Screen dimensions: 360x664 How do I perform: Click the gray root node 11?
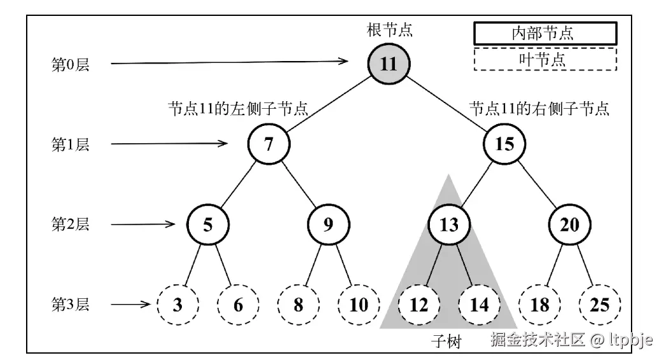tap(389, 64)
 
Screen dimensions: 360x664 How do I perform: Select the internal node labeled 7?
tap(268, 144)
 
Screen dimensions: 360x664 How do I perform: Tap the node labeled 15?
tap(504, 144)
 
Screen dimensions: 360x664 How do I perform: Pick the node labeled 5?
tap(208, 225)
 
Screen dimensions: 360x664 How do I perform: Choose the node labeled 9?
tap(328, 225)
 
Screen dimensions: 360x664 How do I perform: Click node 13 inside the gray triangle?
tap(448, 225)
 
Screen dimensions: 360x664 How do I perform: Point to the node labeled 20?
tap(569, 225)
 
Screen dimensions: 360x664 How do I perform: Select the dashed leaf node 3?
tap(178, 305)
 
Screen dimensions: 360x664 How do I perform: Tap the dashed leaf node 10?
tap(359, 305)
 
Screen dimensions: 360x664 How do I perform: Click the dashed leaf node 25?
tap(600, 305)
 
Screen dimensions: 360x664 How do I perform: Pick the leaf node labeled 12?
tap(419, 305)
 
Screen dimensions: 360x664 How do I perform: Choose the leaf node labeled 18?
tap(539, 305)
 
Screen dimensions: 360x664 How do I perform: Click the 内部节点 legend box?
tap(544, 33)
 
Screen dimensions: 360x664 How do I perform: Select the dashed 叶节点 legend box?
tap(544, 59)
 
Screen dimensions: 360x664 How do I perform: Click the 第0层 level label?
tap(70, 64)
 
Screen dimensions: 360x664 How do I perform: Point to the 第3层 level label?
tap(70, 305)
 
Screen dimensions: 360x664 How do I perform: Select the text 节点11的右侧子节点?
tap(539, 109)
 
